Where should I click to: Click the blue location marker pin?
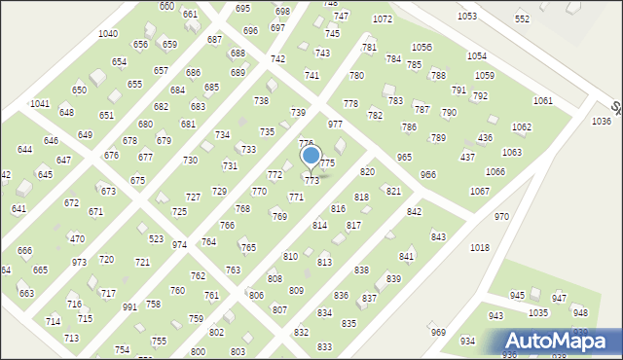pos(311,156)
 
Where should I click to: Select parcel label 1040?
pos(108,34)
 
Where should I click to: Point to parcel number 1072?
pos(383,19)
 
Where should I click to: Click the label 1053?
pos(467,17)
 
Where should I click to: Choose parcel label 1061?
pos(542,101)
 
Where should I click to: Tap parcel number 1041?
pos(40,103)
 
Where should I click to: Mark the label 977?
pos(335,125)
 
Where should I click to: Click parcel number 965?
pos(404,157)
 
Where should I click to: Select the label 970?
pos(501,217)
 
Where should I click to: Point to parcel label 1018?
pos(480,248)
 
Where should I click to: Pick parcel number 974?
pos(179,245)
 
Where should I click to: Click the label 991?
pos(129,306)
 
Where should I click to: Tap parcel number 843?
pos(438,237)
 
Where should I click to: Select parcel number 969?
pos(438,333)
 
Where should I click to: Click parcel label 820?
pos(367,172)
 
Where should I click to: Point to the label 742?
pos(277,59)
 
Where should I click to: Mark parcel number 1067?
pos(479,192)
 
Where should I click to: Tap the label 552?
pos(523,19)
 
